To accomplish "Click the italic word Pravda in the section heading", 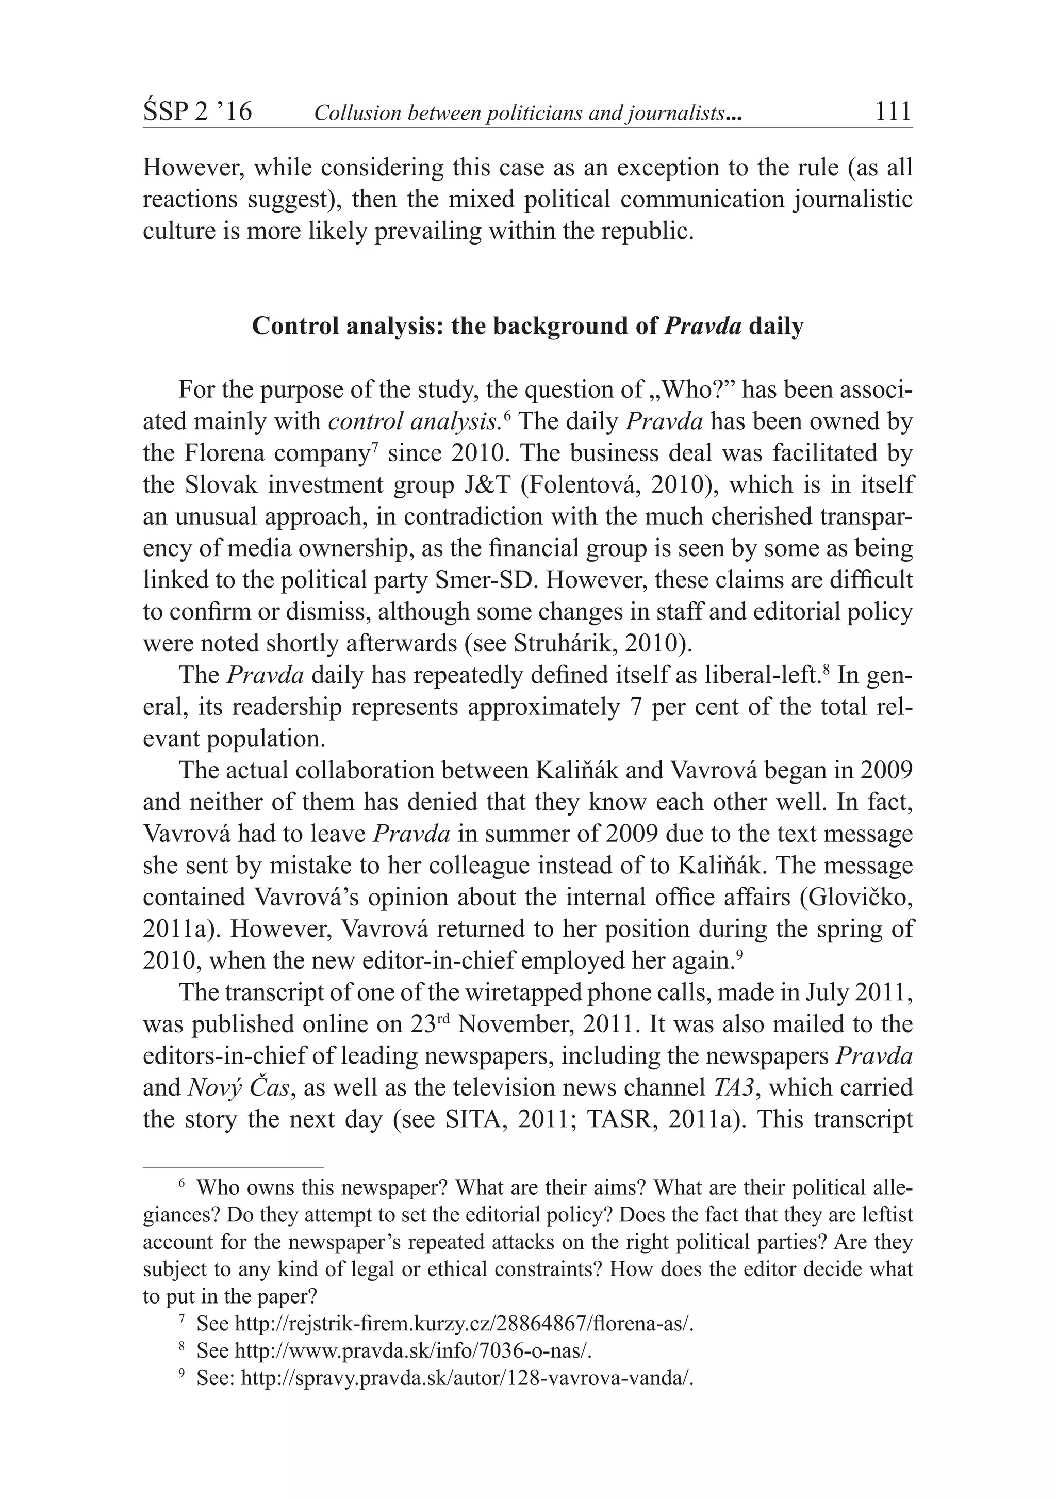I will [x=702, y=325].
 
